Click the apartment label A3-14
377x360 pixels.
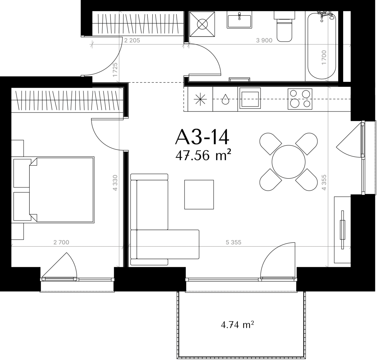202,137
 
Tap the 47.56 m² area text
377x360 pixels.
203,156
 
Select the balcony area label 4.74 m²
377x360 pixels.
237,325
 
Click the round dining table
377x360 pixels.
289,162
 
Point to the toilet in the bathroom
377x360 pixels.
284,26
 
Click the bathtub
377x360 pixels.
322,46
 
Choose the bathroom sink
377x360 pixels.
239,20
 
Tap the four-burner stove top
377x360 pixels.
300,99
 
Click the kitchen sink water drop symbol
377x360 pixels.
225,99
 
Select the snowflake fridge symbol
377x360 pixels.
200,99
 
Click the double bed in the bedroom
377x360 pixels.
62,190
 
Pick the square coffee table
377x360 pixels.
199,194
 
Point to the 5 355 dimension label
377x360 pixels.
234,242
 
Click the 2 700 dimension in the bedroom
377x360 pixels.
61,242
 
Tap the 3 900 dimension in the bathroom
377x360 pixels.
264,40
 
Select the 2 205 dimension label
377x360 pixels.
132,40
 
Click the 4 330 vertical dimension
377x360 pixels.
115,183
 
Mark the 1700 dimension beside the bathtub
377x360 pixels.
324,57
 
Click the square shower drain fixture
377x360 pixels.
202,24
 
